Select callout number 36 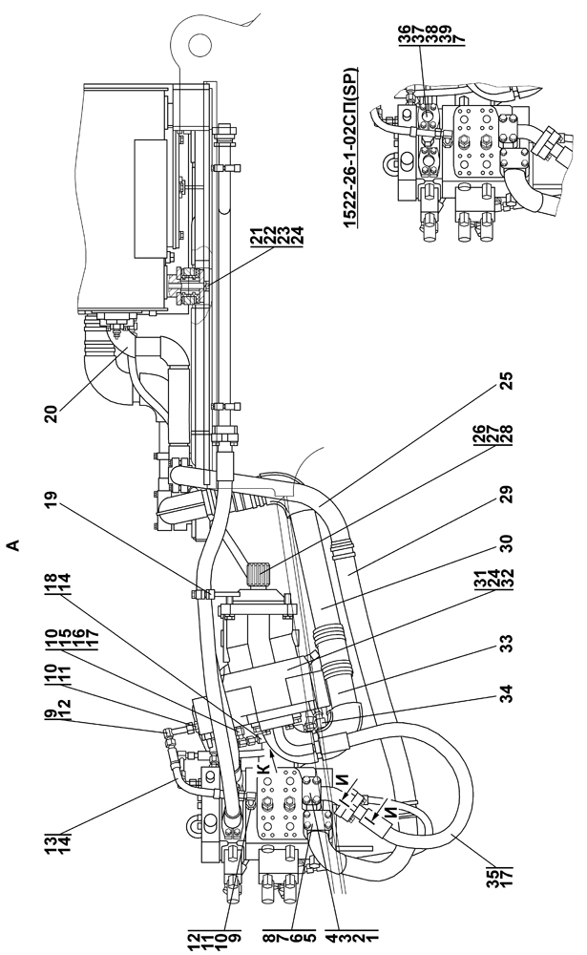[x=406, y=35]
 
